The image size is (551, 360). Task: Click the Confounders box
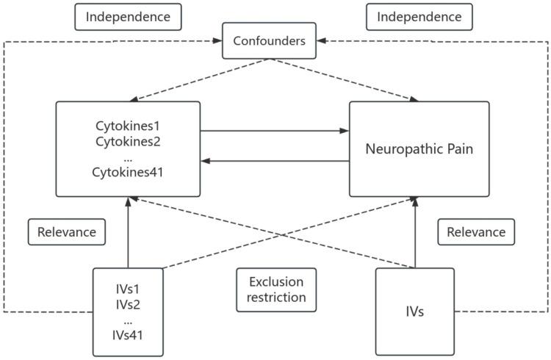[269, 41]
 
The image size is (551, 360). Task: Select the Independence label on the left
[128, 16]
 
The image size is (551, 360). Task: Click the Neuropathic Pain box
[419, 149]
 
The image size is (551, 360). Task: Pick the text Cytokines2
[128, 141]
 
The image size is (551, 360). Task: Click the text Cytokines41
[128, 173]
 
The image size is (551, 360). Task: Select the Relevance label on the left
[66, 232]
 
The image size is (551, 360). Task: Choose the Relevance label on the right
[475, 232]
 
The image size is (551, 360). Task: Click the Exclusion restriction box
[276, 289]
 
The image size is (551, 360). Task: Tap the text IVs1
[128, 287]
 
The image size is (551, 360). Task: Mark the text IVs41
[128, 335]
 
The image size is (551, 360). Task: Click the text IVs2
[128, 303]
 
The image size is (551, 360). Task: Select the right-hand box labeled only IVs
[415, 312]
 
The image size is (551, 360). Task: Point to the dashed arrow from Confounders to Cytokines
[198, 80]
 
